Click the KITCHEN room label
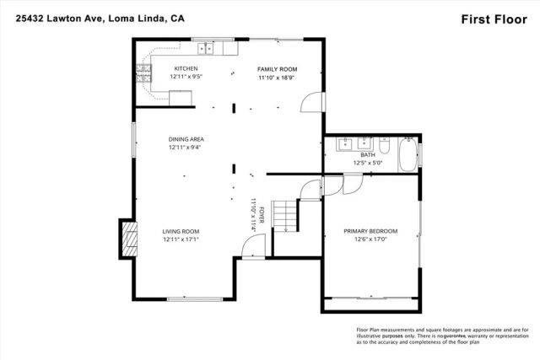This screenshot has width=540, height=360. [x=186, y=68]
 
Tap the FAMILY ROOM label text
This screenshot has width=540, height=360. [x=278, y=69]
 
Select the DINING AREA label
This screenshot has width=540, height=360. [x=186, y=139]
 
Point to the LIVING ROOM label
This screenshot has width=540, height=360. [x=181, y=230]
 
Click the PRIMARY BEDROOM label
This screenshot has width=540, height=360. [x=370, y=230]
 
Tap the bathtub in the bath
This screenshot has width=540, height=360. [x=408, y=155]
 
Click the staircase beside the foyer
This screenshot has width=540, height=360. [x=288, y=215]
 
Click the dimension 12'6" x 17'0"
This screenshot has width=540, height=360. [x=370, y=239]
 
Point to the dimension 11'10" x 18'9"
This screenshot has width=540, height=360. [x=278, y=78]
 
